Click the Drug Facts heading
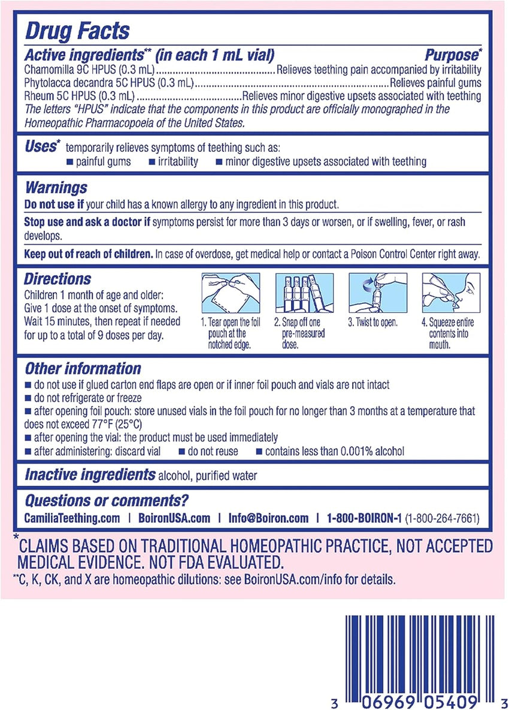click(76, 30)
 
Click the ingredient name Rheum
click(37, 96)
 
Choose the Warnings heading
click(56, 188)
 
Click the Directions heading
click(57, 278)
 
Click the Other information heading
click(83, 368)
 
